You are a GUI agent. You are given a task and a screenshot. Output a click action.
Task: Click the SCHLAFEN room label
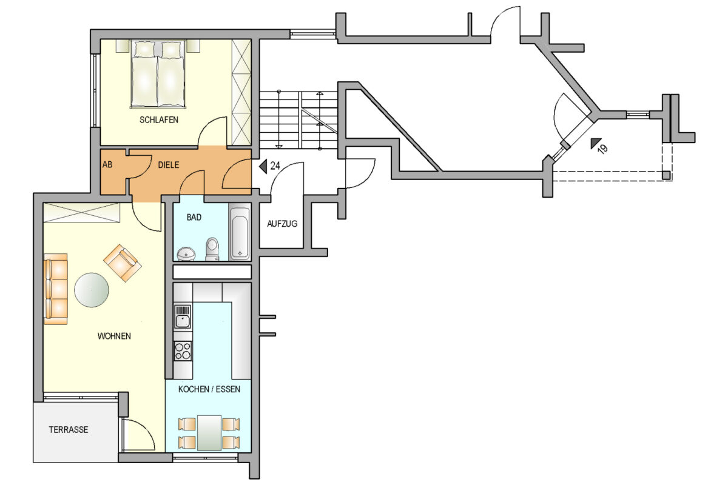(x=159, y=120)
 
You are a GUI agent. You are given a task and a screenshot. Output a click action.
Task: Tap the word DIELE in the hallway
(x=169, y=165)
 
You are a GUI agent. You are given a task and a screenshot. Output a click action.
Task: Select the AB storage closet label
(x=107, y=165)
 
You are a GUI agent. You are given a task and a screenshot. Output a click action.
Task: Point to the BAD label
(x=194, y=217)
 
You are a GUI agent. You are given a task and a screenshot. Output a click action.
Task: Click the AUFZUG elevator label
(x=282, y=224)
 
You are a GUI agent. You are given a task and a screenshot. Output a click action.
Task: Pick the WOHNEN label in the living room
(x=114, y=336)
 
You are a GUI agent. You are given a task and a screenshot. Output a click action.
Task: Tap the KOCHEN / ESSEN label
(x=209, y=389)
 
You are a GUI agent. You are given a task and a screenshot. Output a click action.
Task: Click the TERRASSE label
(x=69, y=430)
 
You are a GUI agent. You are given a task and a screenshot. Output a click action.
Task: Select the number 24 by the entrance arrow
(x=275, y=166)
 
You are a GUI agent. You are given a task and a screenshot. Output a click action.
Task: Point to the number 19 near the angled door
(x=602, y=149)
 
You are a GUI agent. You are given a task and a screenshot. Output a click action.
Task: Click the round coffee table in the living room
(x=92, y=290)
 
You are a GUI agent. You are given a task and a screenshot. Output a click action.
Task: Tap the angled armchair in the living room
(x=123, y=263)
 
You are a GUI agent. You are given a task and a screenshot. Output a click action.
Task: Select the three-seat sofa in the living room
(x=56, y=289)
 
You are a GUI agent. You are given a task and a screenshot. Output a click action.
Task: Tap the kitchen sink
(x=183, y=316)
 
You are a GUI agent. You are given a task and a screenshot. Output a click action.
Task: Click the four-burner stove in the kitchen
(x=183, y=351)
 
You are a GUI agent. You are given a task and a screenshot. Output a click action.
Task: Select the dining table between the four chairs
(x=209, y=433)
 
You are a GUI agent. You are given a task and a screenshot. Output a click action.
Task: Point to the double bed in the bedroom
(x=158, y=74)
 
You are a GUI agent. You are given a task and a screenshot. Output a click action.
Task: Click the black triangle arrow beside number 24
(x=263, y=166)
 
